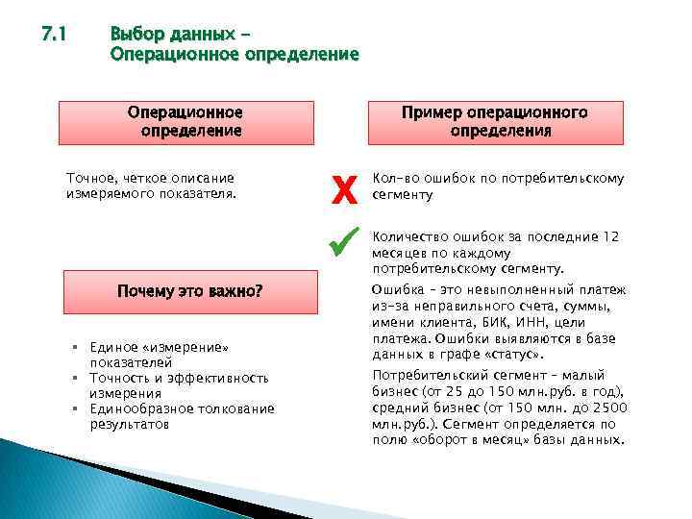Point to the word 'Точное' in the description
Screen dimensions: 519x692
87,178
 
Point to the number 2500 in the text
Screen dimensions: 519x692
610,408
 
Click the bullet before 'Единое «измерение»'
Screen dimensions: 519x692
75,346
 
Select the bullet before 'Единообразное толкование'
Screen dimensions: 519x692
75,408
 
